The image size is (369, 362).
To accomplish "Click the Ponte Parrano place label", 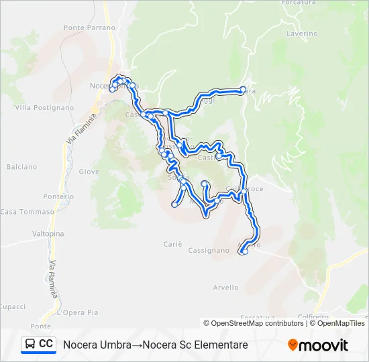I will (x=90, y=27).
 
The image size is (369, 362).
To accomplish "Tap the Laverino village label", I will (x=301, y=33).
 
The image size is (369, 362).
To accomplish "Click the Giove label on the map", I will (x=89, y=172).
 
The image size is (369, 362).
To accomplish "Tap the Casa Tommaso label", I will (x=27, y=212).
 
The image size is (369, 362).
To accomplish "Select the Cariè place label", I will (x=172, y=245).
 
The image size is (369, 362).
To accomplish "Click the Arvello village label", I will (x=225, y=288).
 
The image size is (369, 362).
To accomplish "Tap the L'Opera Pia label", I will (x=78, y=312).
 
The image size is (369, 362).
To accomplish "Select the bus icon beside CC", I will (x=30, y=345).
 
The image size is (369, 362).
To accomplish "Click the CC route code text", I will (x=46, y=344).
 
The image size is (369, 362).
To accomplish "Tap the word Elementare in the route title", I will (x=219, y=345).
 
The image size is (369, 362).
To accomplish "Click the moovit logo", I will (x=318, y=345).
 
